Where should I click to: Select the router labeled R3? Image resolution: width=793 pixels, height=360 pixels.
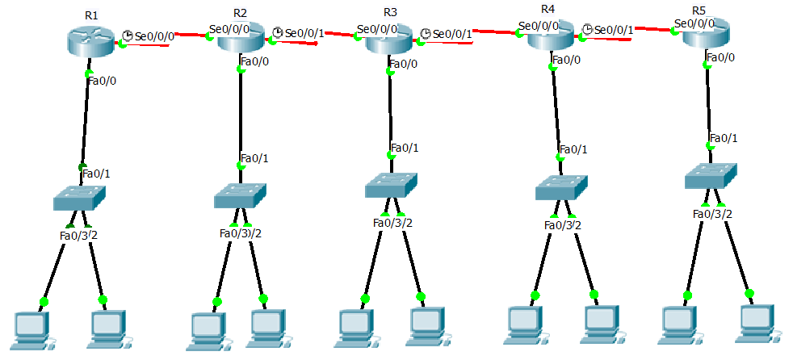(390, 40)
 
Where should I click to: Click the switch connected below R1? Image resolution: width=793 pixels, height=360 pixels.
(79, 195)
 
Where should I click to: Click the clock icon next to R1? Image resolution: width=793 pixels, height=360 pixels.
(128, 36)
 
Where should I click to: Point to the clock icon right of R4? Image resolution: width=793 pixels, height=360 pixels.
(588, 29)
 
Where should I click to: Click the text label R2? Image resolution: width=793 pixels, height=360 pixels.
(240, 13)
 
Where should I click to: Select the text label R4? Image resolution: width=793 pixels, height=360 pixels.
(548, 9)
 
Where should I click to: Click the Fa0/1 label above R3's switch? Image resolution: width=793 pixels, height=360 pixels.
(405, 149)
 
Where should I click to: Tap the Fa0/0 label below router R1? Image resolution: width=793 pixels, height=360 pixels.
(103, 80)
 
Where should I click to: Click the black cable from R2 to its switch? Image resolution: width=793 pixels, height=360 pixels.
(240, 113)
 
